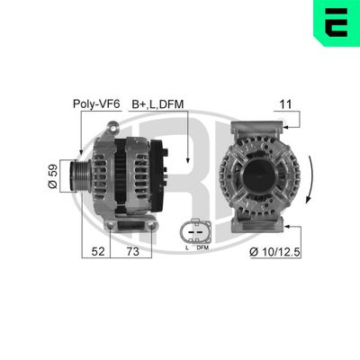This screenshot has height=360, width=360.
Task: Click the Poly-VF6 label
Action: pyautogui.click(x=94, y=103)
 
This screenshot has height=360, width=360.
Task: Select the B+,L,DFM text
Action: pyautogui.click(x=158, y=103)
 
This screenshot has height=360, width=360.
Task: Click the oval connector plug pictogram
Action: pyautogui.click(x=194, y=228)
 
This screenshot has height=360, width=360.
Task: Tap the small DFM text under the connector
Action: pyautogui.click(x=202, y=247)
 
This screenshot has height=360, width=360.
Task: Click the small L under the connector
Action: pyautogui.click(x=186, y=247)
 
